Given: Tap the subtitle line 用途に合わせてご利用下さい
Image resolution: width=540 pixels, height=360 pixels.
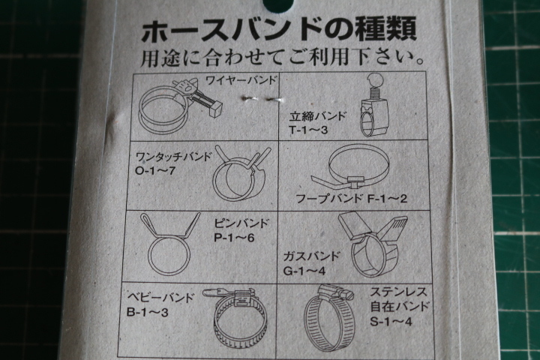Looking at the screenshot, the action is (282, 58).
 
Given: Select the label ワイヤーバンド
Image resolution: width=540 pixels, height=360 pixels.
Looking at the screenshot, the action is (241, 80).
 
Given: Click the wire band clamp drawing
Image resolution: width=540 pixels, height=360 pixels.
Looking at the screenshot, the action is (180, 104).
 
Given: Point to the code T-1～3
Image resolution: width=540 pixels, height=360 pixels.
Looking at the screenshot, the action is (308, 130).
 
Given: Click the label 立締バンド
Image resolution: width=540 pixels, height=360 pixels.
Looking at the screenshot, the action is (317, 116).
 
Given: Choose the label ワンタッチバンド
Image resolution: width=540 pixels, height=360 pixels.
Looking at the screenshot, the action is (173, 157).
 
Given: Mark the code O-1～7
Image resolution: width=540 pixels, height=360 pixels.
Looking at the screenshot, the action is (155, 170).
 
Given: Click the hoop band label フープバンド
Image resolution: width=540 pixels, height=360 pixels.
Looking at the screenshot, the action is (329, 199).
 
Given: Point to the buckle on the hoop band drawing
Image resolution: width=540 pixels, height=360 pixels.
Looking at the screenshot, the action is (355, 181).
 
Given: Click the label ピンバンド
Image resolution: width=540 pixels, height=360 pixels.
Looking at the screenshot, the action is (241, 223).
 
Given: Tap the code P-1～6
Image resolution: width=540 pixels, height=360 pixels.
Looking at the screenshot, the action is (234, 238).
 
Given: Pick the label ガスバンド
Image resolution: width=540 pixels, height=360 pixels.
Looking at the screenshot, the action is (311, 256).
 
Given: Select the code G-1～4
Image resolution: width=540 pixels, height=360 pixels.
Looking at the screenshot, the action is (304, 271).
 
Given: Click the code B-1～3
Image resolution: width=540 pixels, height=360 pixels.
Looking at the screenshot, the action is (148, 313).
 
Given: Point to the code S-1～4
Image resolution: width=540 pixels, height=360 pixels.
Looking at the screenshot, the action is (391, 322).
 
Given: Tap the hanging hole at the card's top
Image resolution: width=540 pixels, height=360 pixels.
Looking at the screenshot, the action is (280, 5).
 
